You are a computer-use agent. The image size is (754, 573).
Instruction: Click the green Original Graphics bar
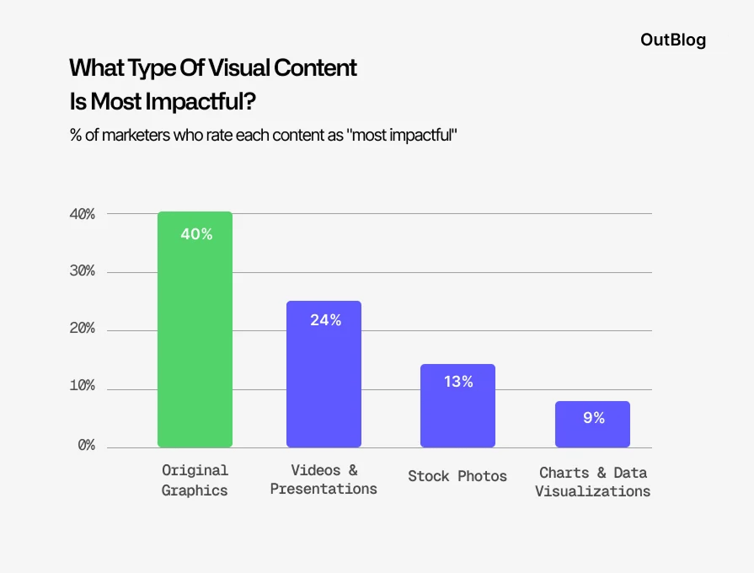pos(195,337)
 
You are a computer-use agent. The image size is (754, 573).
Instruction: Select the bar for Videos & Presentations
pos(324,379)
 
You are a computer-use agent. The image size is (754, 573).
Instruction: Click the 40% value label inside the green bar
pos(196,234)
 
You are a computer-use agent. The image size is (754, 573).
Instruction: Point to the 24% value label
pos(324,320)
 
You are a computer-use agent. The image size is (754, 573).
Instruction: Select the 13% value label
pos(458,382)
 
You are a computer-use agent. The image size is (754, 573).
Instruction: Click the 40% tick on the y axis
pos(83,214)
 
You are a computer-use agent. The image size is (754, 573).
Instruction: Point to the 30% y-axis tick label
pos(83,272)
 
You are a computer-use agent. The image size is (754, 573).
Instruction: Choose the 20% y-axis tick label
pos(83,329)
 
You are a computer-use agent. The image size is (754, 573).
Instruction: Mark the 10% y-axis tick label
pos(83,387)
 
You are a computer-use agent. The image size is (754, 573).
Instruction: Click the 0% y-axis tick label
pos(87,445)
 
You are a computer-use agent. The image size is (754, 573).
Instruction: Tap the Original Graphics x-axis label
pos(195,479)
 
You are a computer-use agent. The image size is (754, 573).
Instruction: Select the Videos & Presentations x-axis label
pos(324,479)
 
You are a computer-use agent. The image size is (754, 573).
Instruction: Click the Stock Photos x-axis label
pos(457,476)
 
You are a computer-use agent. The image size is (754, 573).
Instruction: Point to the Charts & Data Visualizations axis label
pos(592,481)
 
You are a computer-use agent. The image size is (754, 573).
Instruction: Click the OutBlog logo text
pos(673,40)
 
